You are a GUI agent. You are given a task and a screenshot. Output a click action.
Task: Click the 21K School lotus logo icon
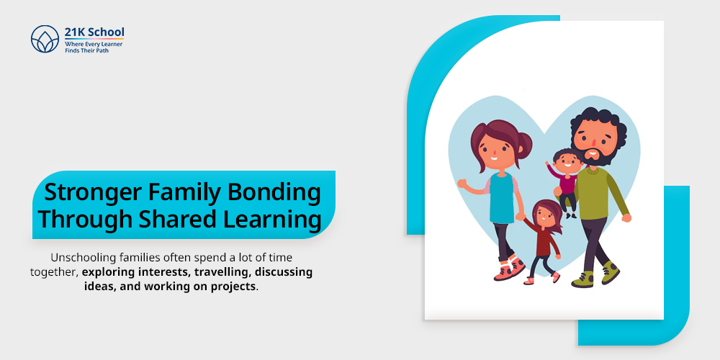(x=45, y=39)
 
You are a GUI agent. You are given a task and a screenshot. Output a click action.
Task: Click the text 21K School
(x=94, y=32)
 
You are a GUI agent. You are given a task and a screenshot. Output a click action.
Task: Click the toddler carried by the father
(x=566, y=176)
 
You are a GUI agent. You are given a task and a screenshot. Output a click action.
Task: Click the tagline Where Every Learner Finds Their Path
(x=94, y=48)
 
